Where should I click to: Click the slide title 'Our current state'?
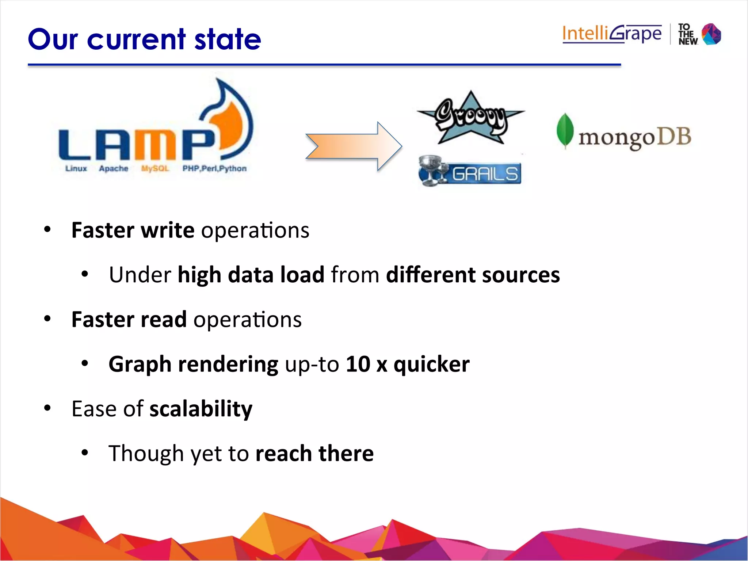coord(144,39)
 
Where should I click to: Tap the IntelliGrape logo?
coord(612,34)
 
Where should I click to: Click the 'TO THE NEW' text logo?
coord(687,34)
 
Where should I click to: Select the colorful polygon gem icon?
coord(711,34)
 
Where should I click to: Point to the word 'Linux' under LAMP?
coord(76,168)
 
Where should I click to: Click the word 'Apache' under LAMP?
coord(114,168)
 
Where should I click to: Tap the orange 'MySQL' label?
coord(155,168)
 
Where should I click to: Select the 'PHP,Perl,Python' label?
coord(214,168)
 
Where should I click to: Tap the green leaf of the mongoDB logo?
coord(565,131)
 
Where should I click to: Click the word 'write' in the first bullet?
coord(168,230)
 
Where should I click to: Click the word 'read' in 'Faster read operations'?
coord(163,320)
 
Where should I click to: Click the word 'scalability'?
coord(201,409)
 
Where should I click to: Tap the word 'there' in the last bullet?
coord(346,453)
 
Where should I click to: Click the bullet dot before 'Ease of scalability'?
coord(47,408)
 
